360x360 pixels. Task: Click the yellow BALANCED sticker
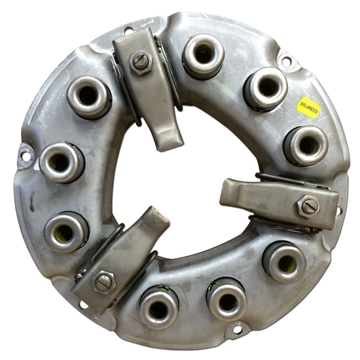[309, 107]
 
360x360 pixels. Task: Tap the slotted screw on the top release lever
[140, 62]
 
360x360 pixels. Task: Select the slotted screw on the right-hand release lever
[310, 207]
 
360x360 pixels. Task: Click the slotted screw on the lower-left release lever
[104, 282]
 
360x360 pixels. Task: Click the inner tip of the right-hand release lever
[224, 193]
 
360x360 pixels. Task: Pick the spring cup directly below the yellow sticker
[306, 146]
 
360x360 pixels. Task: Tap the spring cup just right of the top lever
[203, 56]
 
